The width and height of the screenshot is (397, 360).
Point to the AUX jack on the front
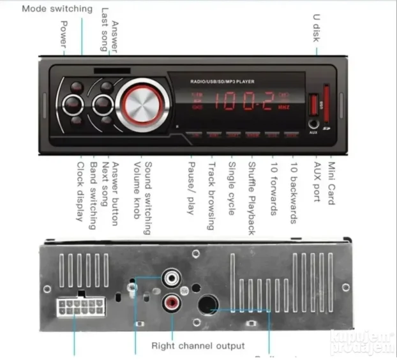tap(313, 123)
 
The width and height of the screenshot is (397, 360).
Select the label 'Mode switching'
tap(57, 10)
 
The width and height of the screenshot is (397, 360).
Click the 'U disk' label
tap(315, 27)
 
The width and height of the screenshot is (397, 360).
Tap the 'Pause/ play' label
tap(191, 187)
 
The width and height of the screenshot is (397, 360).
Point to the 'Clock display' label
tap(80, 192)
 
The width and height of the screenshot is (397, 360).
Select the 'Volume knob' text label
tap(137, 191)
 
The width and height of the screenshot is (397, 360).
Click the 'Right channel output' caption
tap(197, 345)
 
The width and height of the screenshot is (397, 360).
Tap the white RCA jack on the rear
tap(170, 279)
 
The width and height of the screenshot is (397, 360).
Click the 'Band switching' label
tap(93, 195)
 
